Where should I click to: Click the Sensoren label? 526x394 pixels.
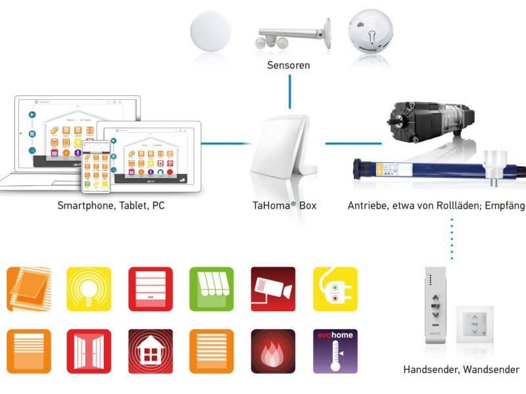(x=289, y=66)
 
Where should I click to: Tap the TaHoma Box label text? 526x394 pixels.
(x=285, y=206)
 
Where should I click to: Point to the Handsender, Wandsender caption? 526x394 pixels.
(x=461, y=370)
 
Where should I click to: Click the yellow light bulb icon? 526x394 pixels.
(x=89, y=289)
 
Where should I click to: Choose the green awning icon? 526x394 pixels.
(x=212, y=289)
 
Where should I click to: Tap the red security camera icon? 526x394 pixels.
(x=274, y=289)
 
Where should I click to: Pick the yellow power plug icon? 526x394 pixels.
(x=335, y=289)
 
